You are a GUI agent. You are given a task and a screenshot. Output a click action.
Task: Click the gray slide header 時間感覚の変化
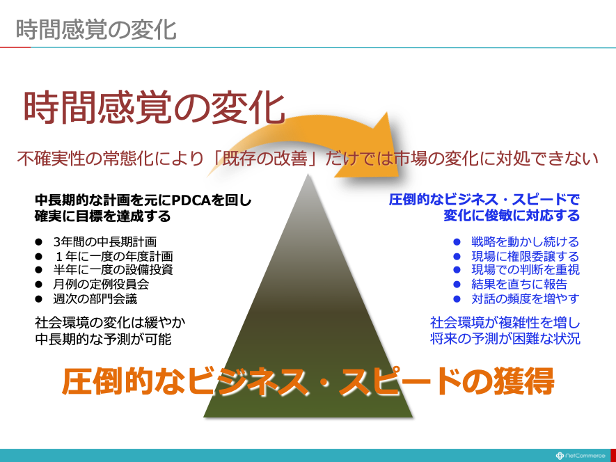coord(96,29)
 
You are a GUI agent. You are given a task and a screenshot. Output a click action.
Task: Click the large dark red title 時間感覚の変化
coord(155,108)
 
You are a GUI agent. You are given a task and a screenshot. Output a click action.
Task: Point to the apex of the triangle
coord(308,175)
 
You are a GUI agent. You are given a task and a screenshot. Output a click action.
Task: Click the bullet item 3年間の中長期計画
coord(105,241)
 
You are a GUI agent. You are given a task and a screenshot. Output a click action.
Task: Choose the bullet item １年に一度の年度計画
coord(113,256)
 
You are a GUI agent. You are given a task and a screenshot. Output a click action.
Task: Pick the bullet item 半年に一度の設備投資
coord(113,269)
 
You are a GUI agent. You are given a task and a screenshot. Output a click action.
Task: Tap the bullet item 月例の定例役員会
coord(101,284)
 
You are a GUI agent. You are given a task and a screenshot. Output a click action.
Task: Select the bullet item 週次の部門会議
coord(95,299)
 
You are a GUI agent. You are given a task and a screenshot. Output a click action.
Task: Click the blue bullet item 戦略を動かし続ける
coord(526,241)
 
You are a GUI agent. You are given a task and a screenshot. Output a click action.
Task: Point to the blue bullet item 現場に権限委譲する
coord(526,256)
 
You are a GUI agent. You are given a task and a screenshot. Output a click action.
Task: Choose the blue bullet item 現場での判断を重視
coord(526,269)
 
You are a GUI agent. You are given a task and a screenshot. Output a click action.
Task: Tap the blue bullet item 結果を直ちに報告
coord(519,284)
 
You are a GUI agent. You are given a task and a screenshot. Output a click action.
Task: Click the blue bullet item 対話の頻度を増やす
coord(526,299)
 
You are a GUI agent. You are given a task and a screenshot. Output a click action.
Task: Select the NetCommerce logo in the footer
coord(581,456)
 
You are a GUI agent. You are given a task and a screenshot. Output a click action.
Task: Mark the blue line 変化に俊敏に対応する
coord(512,216)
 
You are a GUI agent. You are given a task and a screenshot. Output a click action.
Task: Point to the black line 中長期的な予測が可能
coord(103,339)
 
